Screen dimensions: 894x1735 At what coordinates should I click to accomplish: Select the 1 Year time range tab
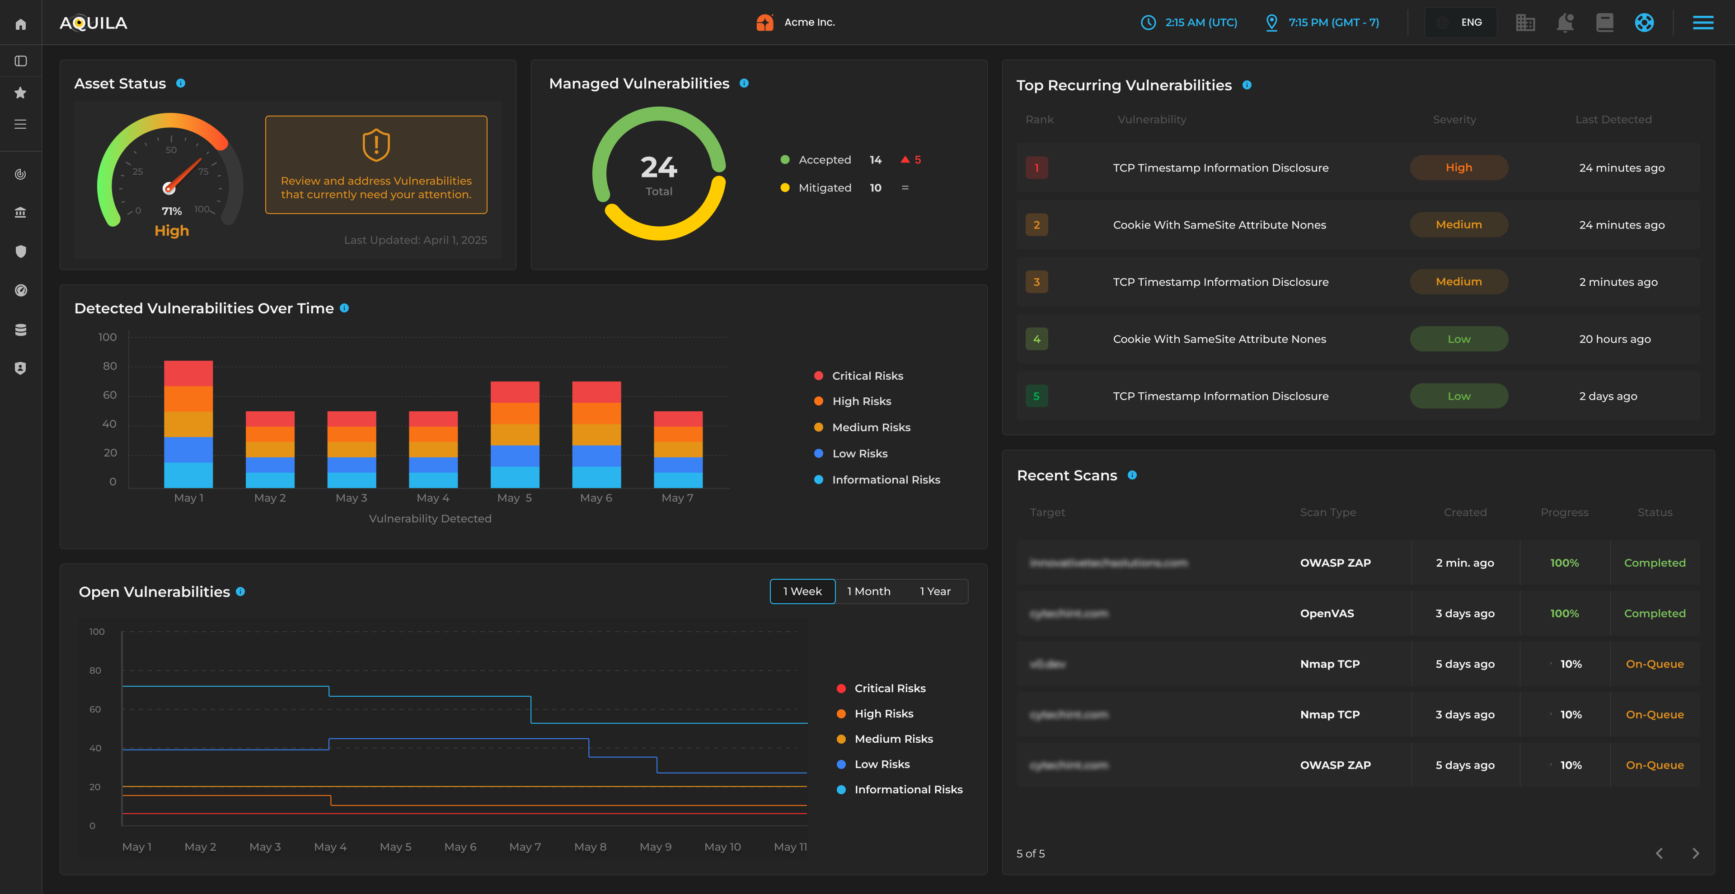935,591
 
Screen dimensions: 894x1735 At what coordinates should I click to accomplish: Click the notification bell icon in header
1565,22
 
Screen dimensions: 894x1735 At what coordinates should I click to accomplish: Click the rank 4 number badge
1036,339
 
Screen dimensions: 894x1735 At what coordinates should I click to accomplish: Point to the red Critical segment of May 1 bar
188,373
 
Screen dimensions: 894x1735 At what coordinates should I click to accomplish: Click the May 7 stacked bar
678,449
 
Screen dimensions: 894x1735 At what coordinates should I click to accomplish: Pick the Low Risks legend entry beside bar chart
859,453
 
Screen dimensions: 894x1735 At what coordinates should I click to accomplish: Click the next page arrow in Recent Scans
1695,853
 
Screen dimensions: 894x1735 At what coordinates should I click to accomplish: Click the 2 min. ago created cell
1464,563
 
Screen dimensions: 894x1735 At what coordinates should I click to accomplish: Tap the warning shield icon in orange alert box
376,145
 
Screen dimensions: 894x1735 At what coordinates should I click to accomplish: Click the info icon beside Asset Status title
181,84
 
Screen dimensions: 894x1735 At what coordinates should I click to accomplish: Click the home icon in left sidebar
21,24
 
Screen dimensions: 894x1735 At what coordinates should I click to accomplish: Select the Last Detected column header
1613,119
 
